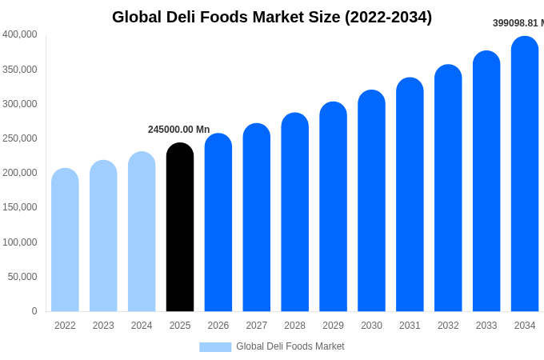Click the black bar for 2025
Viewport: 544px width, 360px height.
pos(180,228)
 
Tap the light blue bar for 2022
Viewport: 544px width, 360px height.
pos(65,240)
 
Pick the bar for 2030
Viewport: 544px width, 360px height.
pos(371,201)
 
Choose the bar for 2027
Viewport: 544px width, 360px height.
pos(257,218)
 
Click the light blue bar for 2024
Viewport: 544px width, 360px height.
pos(142,232)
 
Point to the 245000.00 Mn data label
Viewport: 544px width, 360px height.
pos(178,130)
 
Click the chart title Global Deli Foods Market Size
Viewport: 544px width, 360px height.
pos(272,17)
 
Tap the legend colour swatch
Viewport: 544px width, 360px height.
pos(215,346)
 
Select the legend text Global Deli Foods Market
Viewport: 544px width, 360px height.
pos(290,346)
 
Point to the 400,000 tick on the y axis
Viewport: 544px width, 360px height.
pos(20,34)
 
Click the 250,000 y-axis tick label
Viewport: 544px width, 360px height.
pos(20,138)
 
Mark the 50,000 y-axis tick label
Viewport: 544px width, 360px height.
pos(22,277)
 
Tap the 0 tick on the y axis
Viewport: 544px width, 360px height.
pos(34,311)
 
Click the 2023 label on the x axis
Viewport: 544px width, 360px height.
pos(103,326)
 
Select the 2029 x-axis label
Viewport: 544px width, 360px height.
pos(333,326)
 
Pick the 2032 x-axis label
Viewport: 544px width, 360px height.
pos(448,326)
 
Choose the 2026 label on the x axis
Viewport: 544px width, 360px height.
pos(218,326)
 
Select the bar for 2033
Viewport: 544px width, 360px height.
pos(486,182)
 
